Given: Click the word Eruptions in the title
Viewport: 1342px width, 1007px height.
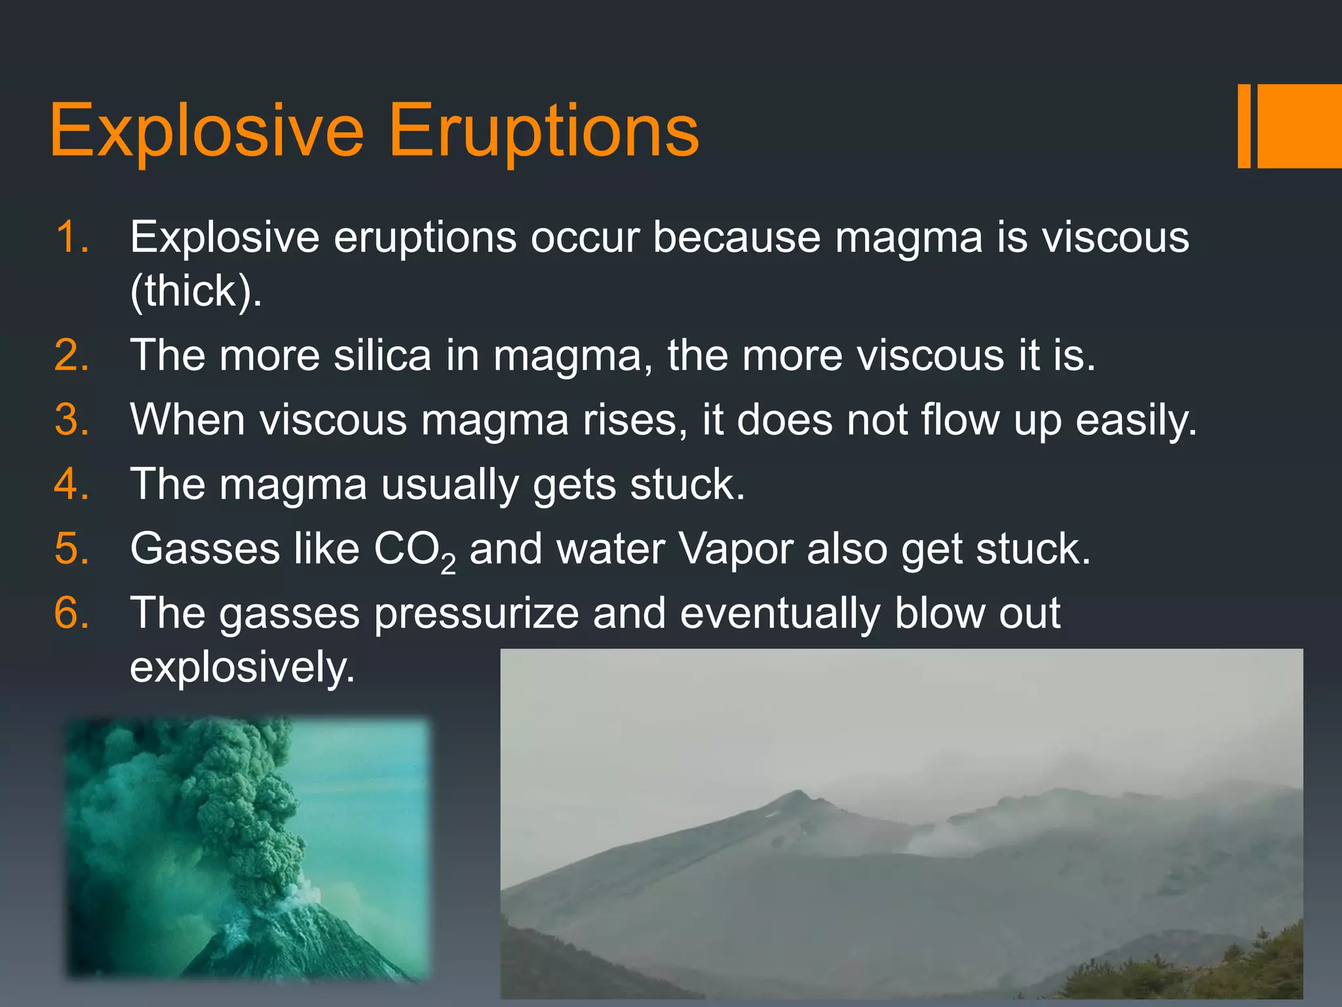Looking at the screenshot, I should click(544, 131).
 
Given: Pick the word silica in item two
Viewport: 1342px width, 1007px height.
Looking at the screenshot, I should click(382, 355).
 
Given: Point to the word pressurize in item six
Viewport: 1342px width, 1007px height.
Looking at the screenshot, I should click(476, 614).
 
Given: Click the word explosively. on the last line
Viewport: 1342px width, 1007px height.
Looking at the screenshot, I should click(242, 667).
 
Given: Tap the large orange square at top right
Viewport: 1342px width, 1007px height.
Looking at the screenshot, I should click(1299, 126).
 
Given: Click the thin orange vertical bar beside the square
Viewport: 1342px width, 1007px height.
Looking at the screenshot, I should click(1243, 126).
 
